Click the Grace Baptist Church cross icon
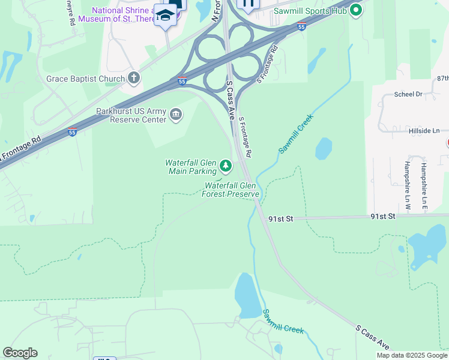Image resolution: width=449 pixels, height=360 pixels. [133, 78]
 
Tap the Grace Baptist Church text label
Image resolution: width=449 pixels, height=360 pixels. [86, 78]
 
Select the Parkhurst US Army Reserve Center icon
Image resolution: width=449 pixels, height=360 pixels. [176, 115]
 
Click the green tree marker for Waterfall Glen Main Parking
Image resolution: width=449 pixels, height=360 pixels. [225, 165]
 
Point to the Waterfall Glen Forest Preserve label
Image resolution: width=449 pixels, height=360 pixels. [231, 190]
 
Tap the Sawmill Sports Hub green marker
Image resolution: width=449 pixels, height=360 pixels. [356, 10]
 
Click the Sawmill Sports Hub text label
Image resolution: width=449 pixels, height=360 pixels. [310, 11]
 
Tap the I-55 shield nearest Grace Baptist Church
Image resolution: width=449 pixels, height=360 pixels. [182, 81]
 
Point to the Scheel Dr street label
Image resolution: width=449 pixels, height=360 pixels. [408, 94]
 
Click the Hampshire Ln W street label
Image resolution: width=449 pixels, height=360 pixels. [407, 185]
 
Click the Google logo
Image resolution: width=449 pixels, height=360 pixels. [20, 353]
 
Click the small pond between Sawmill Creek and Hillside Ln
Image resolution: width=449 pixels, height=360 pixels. [323, 148]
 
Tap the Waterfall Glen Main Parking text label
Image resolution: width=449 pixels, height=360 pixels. [191, 167]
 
